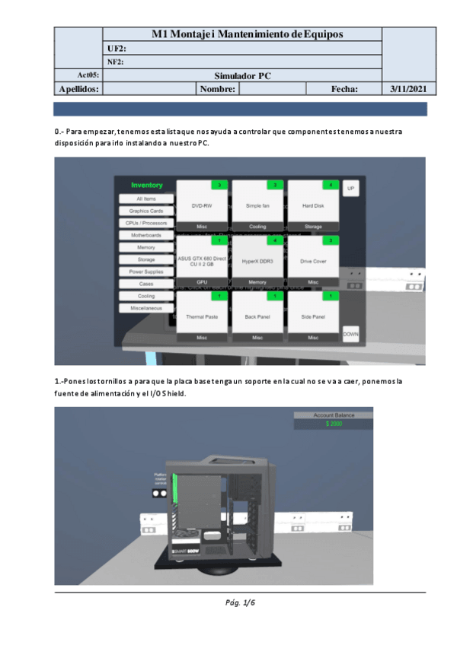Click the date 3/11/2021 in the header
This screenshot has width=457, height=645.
(x=407, y=89)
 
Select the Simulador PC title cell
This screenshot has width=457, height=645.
(x=241, y=75)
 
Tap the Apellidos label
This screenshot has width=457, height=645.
(x=78, y=89)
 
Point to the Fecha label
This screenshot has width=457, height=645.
(x=344, y=89)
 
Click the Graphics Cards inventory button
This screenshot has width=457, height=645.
(x=145, y=211)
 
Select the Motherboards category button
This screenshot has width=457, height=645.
(x=145, y=235)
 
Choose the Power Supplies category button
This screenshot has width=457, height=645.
(x=145, y=272)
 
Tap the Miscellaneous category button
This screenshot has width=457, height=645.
(x=145, y=308)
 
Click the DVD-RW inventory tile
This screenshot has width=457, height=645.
(x=202, y=205)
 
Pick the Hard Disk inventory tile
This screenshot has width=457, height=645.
(x=313, y=205)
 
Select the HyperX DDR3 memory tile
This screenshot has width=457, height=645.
(x=257, y=261)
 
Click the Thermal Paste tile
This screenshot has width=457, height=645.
(x=202, y=316)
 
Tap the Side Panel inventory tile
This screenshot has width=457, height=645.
(x=313, y=316)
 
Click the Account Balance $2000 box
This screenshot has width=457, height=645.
(x=334, y=420)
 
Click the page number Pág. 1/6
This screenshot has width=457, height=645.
(x=241, y=603)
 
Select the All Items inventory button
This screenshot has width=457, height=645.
(x=145, y=199)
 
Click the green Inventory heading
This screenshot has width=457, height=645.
(x=147, y=185)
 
